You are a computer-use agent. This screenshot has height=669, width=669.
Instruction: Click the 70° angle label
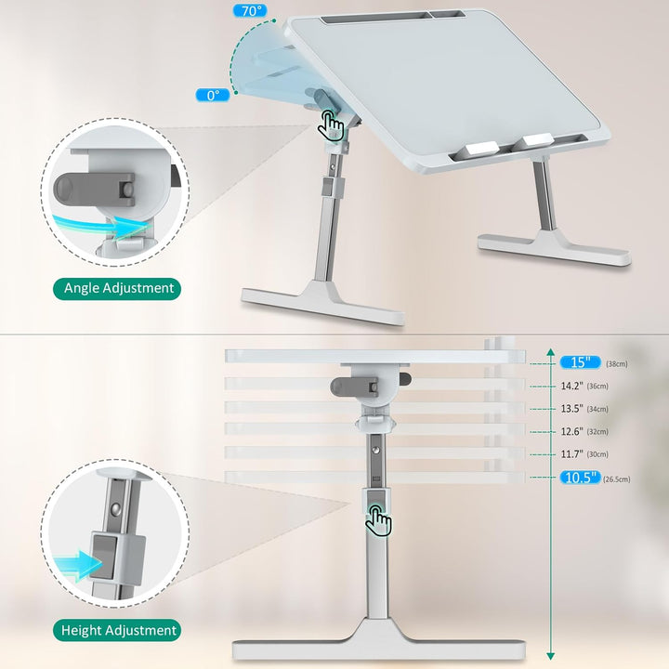coord(251,10)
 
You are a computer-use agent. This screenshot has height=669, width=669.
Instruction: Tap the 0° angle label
coord(213,95)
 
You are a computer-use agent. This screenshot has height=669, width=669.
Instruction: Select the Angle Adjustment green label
coord(117,288)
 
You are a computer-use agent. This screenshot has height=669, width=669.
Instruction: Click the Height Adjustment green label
coord(117,630)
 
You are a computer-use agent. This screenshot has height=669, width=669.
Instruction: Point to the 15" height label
coord(580,362)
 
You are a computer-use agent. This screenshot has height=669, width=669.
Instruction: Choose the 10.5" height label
coord(580,477)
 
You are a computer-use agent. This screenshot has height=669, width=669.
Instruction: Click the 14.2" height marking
coord(571,386)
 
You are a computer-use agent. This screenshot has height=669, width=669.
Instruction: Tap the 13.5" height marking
coord(571,408)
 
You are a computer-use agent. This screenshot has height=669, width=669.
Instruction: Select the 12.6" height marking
coord(571,431)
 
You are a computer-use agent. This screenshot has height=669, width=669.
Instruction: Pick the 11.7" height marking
coord(571,454)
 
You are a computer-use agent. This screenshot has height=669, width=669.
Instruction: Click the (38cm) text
coord(617,364)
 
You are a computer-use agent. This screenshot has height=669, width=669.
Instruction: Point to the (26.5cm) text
coord(617,479)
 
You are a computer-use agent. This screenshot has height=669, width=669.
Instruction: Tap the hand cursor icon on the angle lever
coord(331,125)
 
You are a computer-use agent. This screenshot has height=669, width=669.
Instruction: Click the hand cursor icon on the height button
coord(378,520)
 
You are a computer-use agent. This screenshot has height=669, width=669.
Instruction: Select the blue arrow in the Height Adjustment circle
coord(79,566)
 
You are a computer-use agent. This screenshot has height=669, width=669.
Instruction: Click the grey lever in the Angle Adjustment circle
coord(94,190)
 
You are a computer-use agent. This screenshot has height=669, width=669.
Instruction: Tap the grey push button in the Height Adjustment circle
coord(104,557)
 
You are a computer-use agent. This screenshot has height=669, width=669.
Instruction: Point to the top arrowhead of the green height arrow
coord(551,352)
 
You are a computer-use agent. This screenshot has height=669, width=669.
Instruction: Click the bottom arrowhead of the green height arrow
coord(551,656)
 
